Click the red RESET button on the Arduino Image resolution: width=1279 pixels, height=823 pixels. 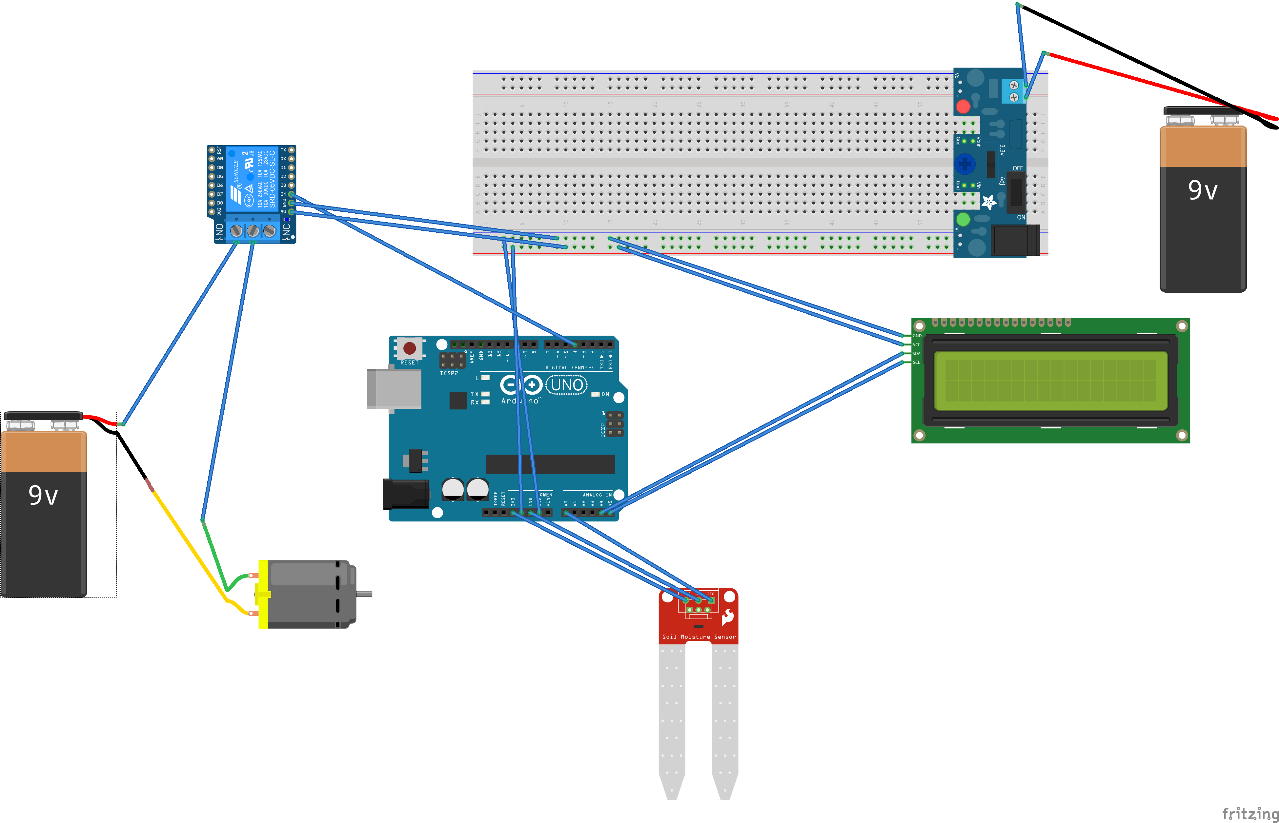tap(410, 348)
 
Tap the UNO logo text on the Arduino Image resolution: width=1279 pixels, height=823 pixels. tap(567, 385)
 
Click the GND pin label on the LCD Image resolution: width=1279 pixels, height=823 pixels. tap(917, 336)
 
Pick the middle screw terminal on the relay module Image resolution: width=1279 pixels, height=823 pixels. tap(253, 231)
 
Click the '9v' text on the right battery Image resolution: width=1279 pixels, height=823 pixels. tap(1203, 190)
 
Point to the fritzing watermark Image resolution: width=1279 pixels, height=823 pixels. tap(1250, 813)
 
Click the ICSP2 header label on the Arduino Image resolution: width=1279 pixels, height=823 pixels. tap(449, 373)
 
